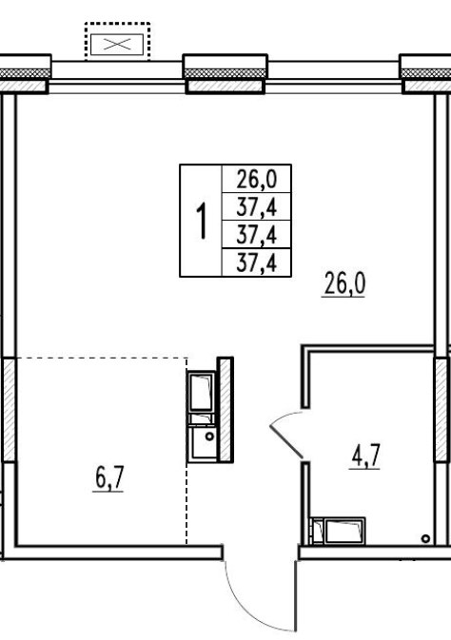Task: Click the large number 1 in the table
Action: click(203, 221)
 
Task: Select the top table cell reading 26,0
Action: click(257, 179)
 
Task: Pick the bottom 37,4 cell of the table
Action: click(257, 262)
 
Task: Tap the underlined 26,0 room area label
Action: click(344, 283)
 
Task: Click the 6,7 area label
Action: click(109, 478)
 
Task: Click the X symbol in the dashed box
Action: click(117, 44)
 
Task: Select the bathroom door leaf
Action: click(286, 441)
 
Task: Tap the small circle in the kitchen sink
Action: click(209, 436)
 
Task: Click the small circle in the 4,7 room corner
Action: click(425, 539)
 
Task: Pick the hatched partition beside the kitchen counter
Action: click(225, 409)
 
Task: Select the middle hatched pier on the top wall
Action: click(225, 87)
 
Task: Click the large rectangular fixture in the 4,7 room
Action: click(344, 531)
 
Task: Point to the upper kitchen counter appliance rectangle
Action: click(201, 391)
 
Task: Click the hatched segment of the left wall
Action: click(9, 409)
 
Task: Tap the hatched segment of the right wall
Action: click(441, 409)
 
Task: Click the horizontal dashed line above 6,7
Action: click(101, 358)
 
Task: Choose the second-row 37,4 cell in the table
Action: click(257, 206)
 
